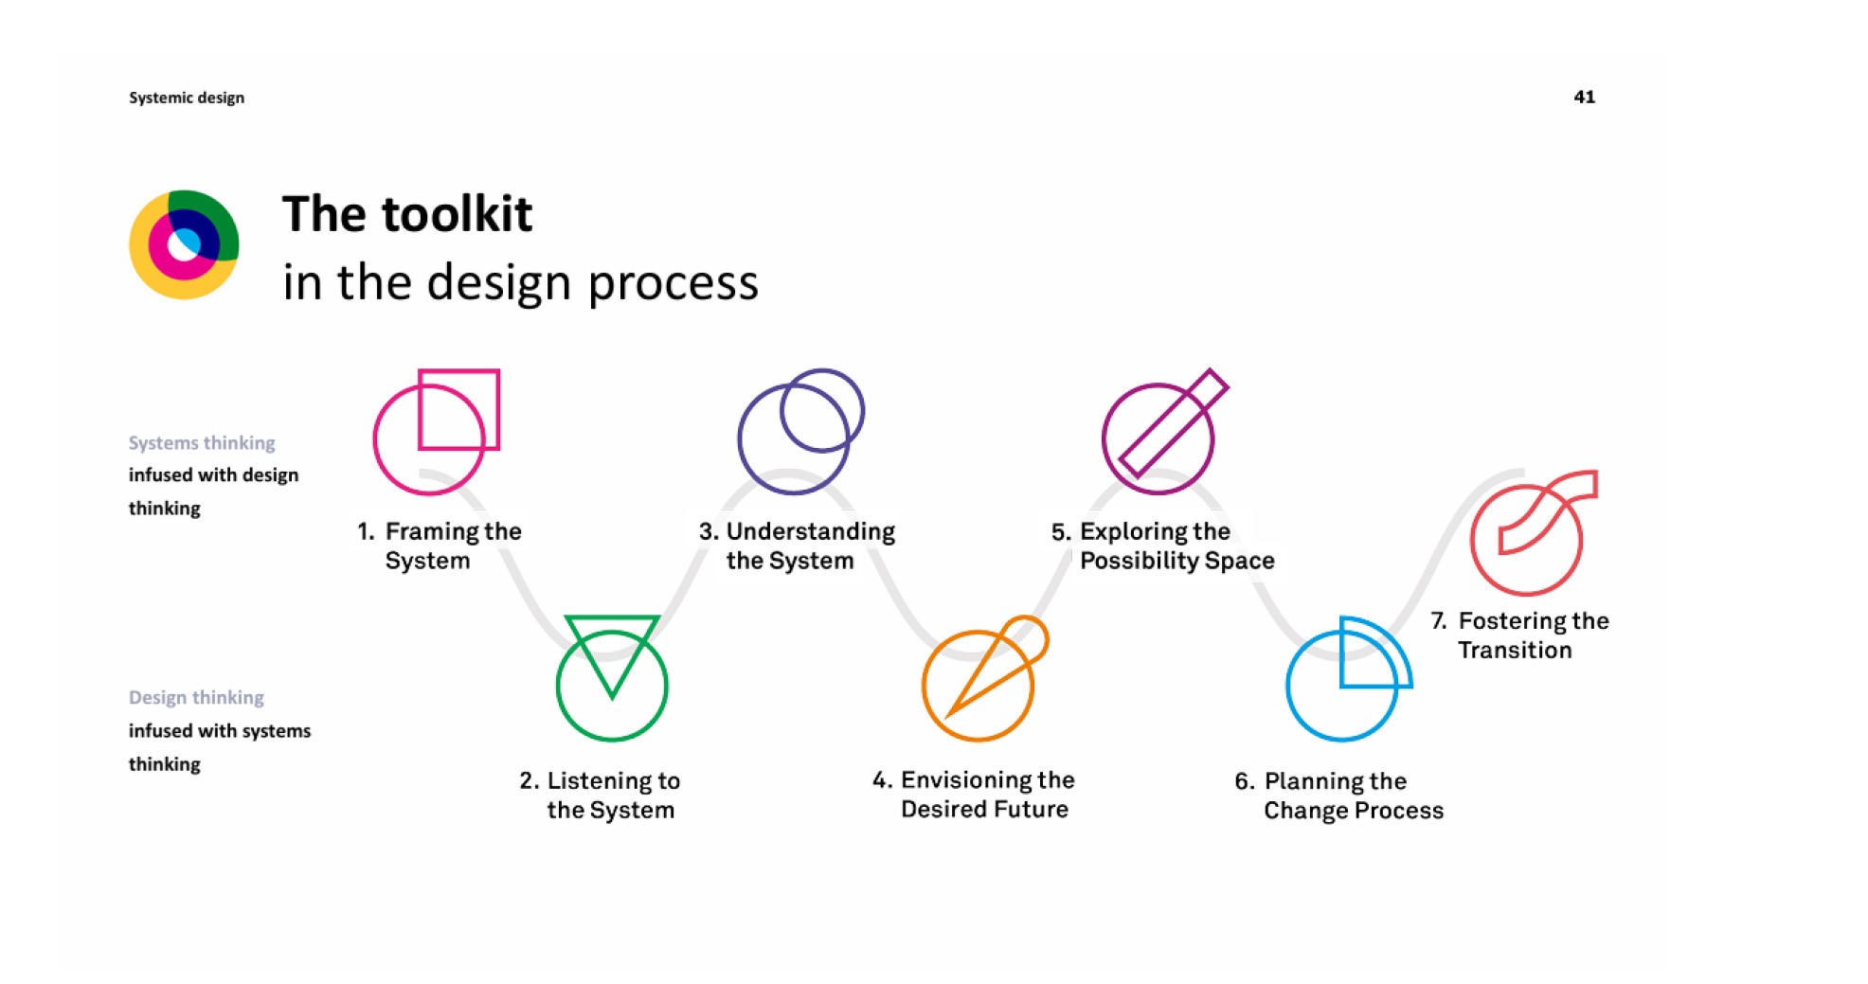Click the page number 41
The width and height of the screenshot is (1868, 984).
[1584, 97]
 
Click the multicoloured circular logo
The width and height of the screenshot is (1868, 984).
[184, 244]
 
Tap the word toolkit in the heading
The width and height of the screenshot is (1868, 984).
[458, 214]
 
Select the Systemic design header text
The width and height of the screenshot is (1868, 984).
[187, 98]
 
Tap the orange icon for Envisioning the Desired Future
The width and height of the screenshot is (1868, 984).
[985, 678]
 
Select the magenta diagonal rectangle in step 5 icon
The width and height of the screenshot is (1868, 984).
[1174, 422]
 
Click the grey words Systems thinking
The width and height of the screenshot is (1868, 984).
[202, 443]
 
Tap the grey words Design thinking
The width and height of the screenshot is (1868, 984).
[196, 698]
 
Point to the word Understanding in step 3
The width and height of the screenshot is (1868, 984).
[811, 531]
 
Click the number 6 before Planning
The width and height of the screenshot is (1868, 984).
[1244, 781]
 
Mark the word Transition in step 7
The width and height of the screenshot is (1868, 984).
[1515, 650]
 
